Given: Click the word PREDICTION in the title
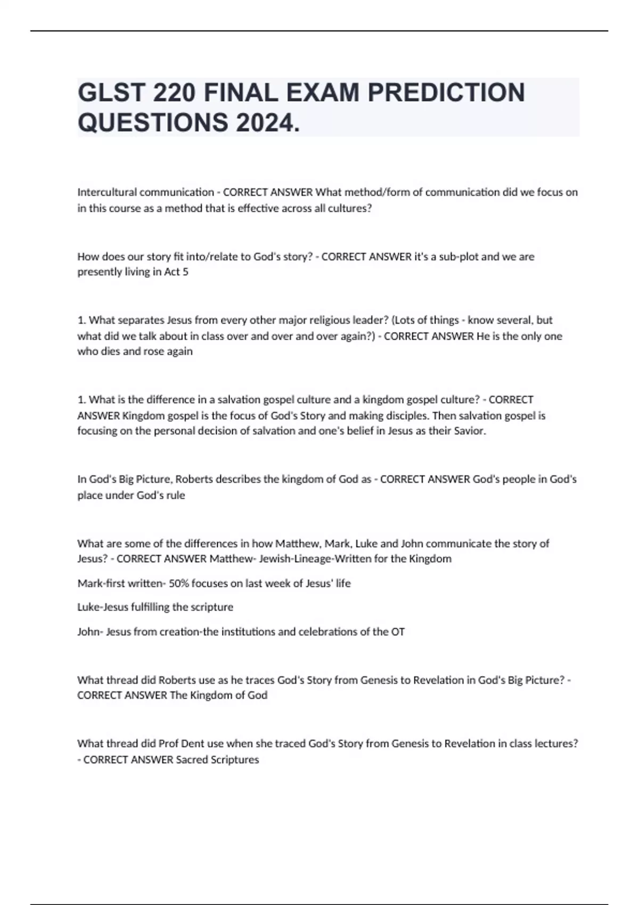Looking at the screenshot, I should pos(446,93).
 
